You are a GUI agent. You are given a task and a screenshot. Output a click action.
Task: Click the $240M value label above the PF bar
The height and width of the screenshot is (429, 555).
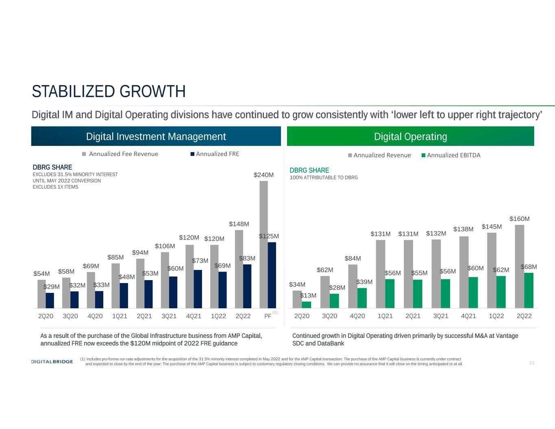[263, 175]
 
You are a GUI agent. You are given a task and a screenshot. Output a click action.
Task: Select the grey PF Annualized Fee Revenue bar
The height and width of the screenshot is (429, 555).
[263, 244]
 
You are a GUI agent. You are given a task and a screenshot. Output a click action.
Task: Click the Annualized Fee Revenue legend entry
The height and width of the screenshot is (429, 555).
[120, 154]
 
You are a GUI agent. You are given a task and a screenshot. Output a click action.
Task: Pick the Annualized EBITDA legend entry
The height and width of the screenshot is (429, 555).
[450, 155]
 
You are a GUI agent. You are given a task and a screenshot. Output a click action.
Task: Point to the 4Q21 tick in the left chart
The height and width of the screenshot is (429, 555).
[194, 316]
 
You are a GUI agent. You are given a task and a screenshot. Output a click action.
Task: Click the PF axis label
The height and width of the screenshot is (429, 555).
[268, 316]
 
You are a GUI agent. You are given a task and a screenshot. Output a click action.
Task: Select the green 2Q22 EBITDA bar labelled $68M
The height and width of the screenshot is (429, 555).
[528, 290]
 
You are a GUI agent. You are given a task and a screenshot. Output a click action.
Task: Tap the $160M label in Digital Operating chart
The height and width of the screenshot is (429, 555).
[519, 219]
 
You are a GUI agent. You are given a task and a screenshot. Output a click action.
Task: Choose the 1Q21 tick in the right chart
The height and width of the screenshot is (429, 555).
[385, 316]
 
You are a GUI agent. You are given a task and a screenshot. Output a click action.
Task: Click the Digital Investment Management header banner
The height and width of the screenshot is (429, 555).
[156, 136]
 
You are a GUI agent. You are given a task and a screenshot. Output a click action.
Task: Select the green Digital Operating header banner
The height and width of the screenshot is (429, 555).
[410, 136]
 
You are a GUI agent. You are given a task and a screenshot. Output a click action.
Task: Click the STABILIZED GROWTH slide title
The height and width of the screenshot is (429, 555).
[109, 92]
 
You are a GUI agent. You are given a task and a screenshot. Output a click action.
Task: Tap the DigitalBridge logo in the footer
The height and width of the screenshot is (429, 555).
[52, 362]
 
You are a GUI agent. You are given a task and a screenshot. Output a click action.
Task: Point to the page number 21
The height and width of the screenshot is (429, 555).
[532, 363]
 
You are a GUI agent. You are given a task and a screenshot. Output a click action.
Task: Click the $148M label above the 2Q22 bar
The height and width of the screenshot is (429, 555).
[239, 224]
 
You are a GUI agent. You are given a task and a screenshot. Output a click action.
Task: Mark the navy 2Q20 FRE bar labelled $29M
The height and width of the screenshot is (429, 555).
[50, 301]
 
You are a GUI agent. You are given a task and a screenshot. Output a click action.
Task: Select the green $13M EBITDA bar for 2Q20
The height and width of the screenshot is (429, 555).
[307, 305]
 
